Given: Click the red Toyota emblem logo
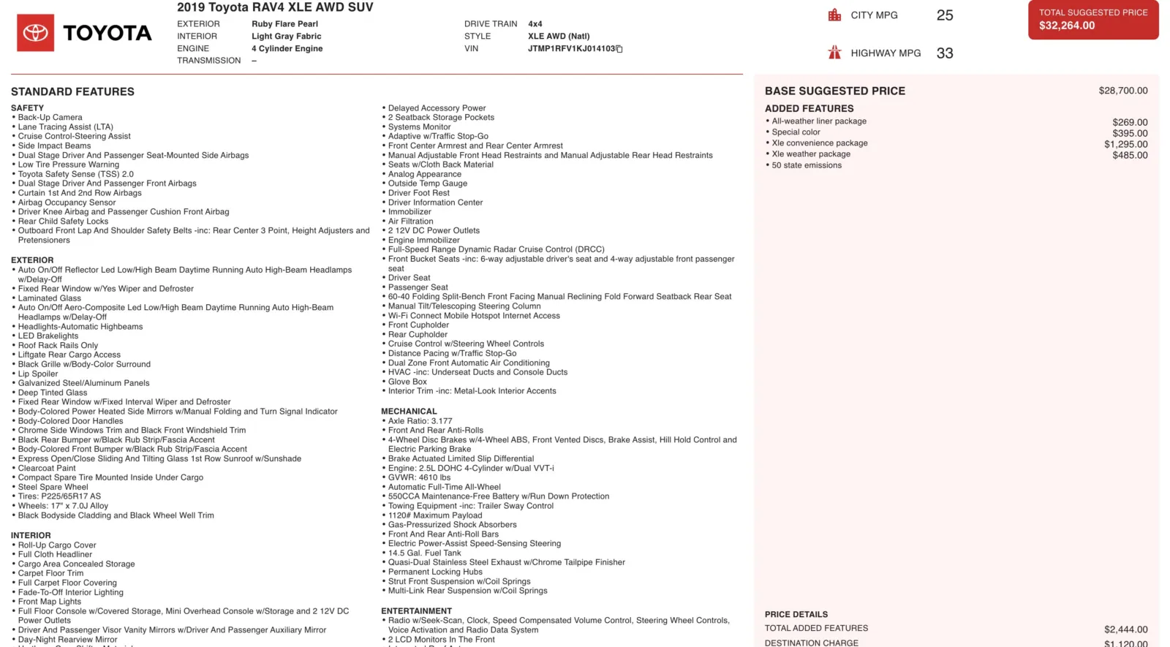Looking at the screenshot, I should click(x=35, y=33).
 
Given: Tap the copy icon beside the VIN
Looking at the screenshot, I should click(x=619, y=49).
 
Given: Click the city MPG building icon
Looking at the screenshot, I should click(x=834, y=15).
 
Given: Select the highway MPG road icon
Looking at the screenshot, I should click(x=834, y=53).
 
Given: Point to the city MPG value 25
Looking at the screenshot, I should click(x=945, y=15).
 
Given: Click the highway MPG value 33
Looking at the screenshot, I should click(x=945, y=53).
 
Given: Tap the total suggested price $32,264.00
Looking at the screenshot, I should click(x=1067, y=26).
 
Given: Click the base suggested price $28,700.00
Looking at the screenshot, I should click(x=1122, y=91).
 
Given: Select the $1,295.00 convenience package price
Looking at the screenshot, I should click(x=1125, y=144).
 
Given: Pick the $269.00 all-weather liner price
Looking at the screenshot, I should click(x=1130, y=122).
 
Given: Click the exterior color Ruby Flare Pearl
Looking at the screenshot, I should click(x=284, y=24).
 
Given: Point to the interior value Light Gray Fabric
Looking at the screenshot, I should click(x=286, y=37).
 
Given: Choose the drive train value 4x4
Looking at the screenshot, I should click(x=535, y=24).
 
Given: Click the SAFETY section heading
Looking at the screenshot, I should click(x=27, y=108).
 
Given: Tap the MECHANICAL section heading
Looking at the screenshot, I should click(x=409, y=412).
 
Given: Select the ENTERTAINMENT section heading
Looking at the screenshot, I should click(x=416, y=611).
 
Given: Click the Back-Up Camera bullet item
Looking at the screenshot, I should click(x=50, y=118).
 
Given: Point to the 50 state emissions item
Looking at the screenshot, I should click(x=807, y=165).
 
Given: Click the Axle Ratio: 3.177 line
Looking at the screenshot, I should click(x=420, y=421).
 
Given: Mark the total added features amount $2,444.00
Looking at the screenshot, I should click(x=1125, y=629).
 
